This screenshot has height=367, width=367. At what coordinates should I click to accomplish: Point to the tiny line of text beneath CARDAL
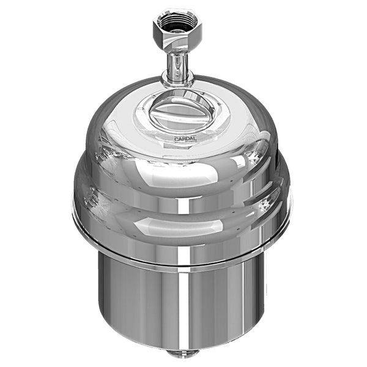point(187,144)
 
